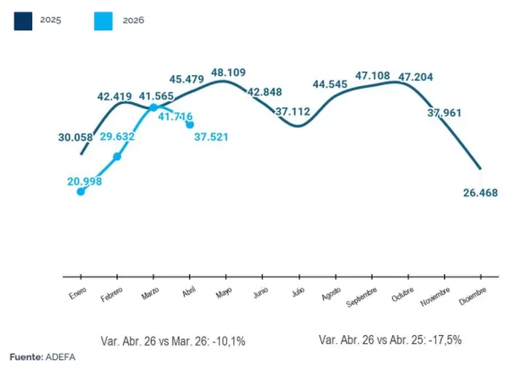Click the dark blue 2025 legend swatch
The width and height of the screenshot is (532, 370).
pos(23,21)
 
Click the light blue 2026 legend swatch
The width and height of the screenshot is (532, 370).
pos(103,21)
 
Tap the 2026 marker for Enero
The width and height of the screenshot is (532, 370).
pos(81,192)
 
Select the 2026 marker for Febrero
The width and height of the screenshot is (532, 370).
pos(117,157)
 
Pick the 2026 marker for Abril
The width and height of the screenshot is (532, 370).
pos(190,125)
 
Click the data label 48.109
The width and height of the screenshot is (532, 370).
pos(228,72)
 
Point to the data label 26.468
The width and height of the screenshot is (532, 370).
pos(480,192)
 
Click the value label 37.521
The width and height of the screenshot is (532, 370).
pos(211,137)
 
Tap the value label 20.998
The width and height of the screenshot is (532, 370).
pos(85,181)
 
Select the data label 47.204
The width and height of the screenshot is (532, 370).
pos(415,77)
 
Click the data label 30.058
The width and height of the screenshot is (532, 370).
pos(75,138)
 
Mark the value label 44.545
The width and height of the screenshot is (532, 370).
pos(330,84)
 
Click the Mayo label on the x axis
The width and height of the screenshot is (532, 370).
pos(224,292)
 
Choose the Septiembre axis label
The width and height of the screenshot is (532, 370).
pos(361,297)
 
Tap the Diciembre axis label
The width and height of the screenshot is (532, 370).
pos(473,296)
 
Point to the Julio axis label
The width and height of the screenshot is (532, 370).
pos(298,291)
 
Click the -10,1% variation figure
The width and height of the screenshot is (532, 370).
pos(229,341)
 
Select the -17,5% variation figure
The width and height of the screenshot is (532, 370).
pos(445,339)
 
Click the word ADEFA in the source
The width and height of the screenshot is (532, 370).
pos(60,357)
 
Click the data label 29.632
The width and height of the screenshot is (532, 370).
pos(117,136)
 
